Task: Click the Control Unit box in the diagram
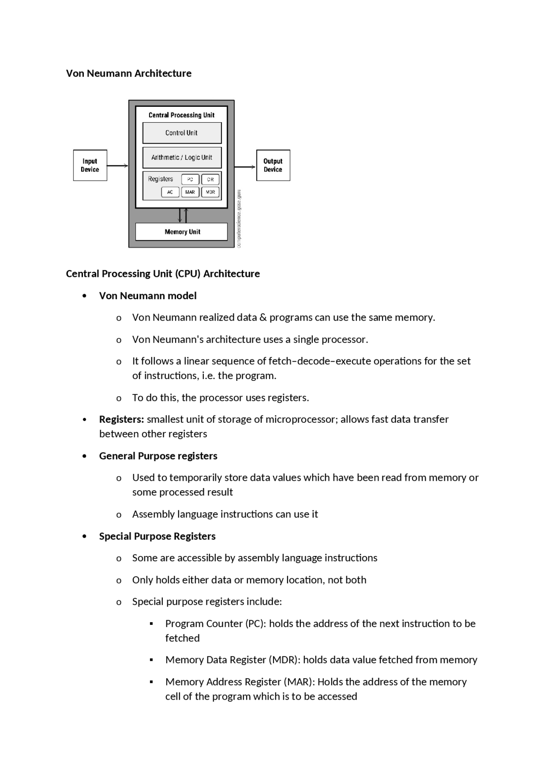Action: tap(182, 133)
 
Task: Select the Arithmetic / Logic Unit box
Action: tap(182, 157)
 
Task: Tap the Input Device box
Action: tap(90, 165)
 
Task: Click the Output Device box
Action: tap(273, 165)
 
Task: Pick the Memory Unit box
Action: tap(182, 232)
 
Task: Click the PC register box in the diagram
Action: tap(190, 180)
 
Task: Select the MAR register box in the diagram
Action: tap(190, 192)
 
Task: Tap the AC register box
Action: tap(170, 192)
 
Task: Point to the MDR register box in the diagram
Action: tap(210, 192)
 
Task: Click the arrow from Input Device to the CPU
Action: tap(118, 165)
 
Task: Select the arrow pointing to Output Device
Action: tap(245, 167)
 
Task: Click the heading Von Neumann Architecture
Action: tap(129, 74)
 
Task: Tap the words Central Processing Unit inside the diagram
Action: tap(182, 115)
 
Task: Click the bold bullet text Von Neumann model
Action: tap(148, 296)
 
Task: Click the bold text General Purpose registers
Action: tap(158, 456)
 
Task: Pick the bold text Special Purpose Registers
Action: tap(157, 536)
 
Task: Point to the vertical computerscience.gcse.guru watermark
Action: tap(239, 218)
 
